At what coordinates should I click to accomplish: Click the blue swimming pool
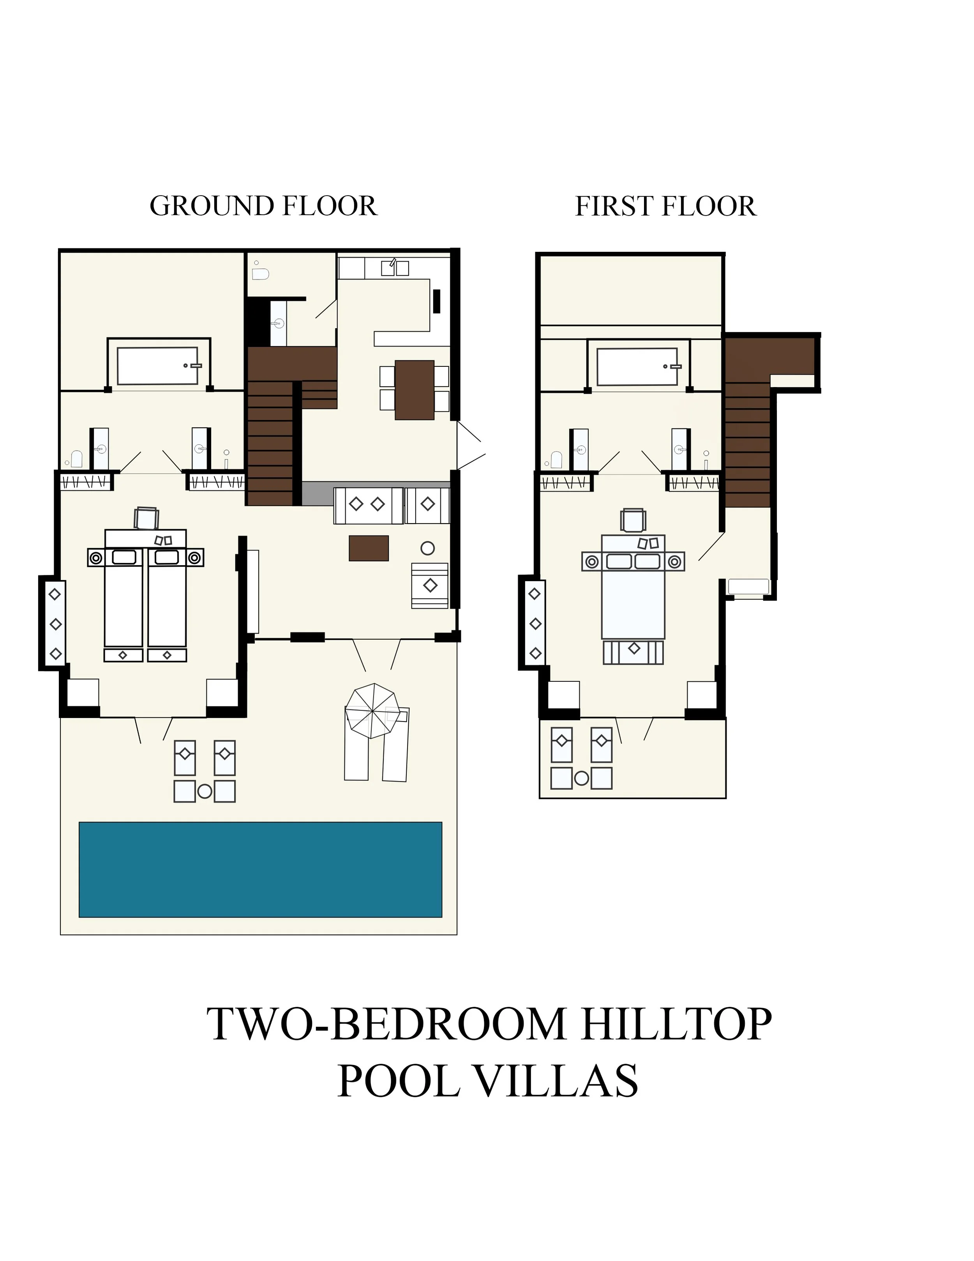[260, 870]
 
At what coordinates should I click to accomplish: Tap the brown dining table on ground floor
[414, 390]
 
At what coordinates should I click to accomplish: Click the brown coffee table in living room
[369, 548]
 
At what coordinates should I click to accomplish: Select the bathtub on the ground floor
[157, 366]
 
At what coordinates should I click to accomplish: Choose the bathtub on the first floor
[637, 367]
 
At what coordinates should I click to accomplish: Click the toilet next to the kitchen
[260, 273]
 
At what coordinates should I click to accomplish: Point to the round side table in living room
[427, 548]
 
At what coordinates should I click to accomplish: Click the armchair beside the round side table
[430, 585]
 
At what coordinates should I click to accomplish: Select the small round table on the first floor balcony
[582, 778]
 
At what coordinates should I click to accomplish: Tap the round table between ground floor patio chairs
[205, 791]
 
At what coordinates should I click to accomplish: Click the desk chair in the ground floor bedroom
[146, 518]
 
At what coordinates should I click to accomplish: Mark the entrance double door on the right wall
[470, 445]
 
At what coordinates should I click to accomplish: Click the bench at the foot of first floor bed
[633, 652]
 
